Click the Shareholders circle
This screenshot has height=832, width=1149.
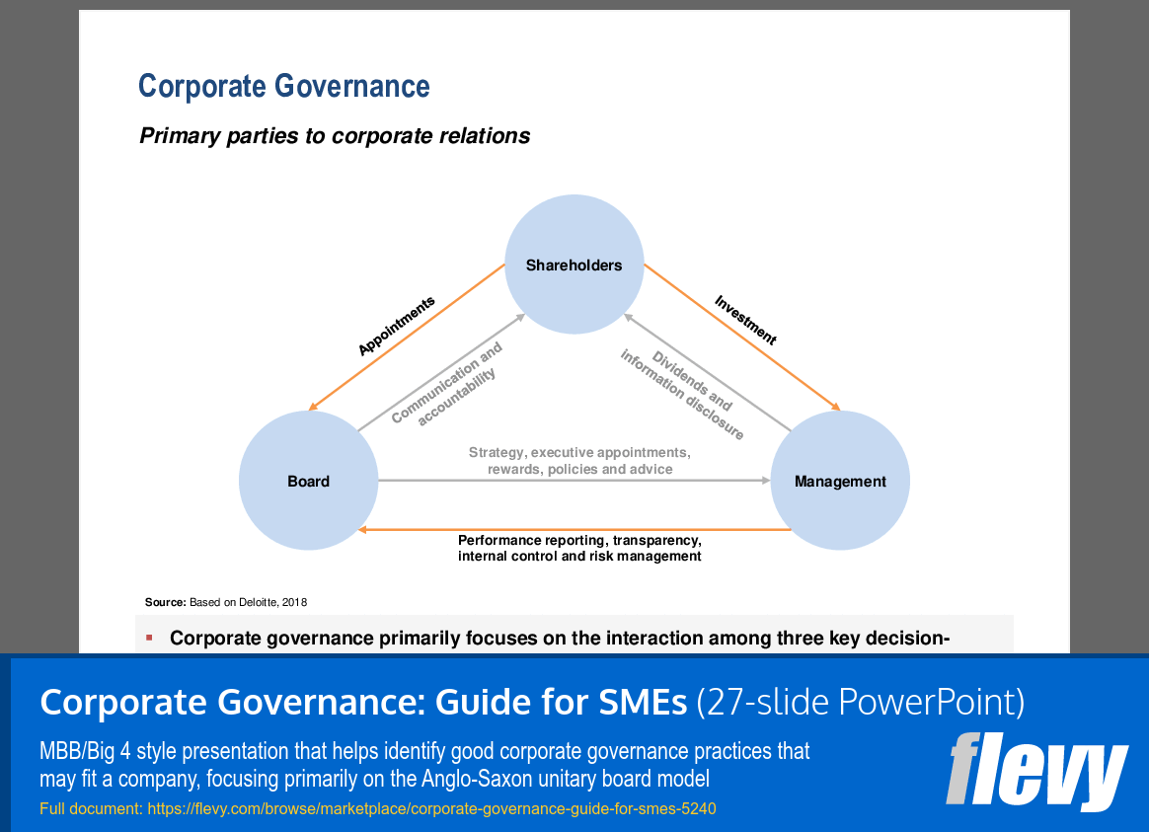pyautogui.click(x=574, y=265)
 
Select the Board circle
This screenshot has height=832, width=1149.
pyautogui.click(x=308, y=482)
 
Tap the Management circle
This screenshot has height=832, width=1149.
pyautogui.click(x=840, y=482)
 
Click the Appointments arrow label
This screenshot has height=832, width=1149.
pyautogui.click(x=396, y=327)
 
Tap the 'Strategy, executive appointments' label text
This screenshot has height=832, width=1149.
pyautogui.click(x=579, y=453)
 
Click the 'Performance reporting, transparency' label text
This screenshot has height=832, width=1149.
pyautogui.click(x=579, y=541)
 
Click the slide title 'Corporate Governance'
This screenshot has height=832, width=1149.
pyautogui.click(x=284, y=87)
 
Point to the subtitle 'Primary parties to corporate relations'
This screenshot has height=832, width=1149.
pyautogui.click(x=335, y=136)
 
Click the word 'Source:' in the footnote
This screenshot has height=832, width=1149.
pyautogui.click(x=165, y=602)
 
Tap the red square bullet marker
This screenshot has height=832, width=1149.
pyautogui.click(x=149, y=638)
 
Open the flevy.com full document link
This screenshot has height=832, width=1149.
pyautogui.click(x=431, y=809)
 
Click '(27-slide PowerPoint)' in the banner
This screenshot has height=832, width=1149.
pyautogui.click(x=860, y=703)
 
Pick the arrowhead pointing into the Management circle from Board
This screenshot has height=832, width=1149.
pyautogui.click(x=765, y=481)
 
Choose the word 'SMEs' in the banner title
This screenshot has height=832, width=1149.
pyautogui.click(x=639, y=703)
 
